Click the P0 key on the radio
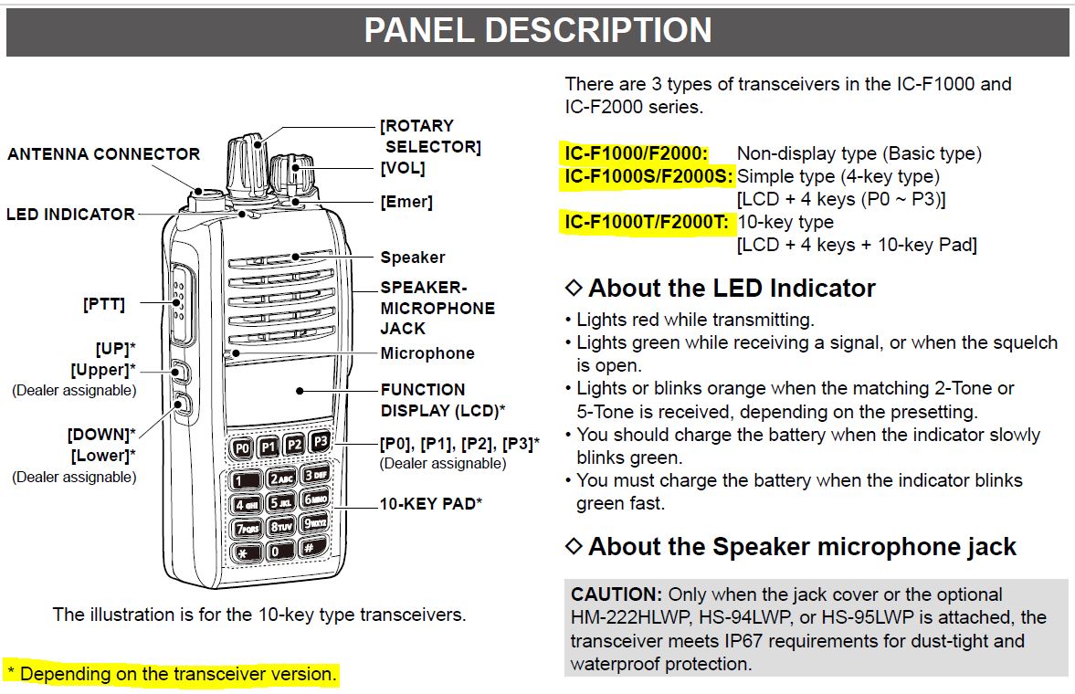coord(242,448)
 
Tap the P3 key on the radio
coord(320,442)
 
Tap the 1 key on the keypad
coord(244,481)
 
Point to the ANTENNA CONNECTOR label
coord(103,153)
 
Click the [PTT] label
coord(103,305)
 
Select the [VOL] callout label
coord(403,168)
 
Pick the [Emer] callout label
coord(406,202)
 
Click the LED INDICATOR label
coord(70,215)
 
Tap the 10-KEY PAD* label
coord(431,503)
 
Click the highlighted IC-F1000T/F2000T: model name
coord(646,222)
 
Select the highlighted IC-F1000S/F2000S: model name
coord(648,176)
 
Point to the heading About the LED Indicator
coord(732,289)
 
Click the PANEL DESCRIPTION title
coord(537,30)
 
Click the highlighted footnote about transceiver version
coord(172,675)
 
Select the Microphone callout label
coord(427,353)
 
